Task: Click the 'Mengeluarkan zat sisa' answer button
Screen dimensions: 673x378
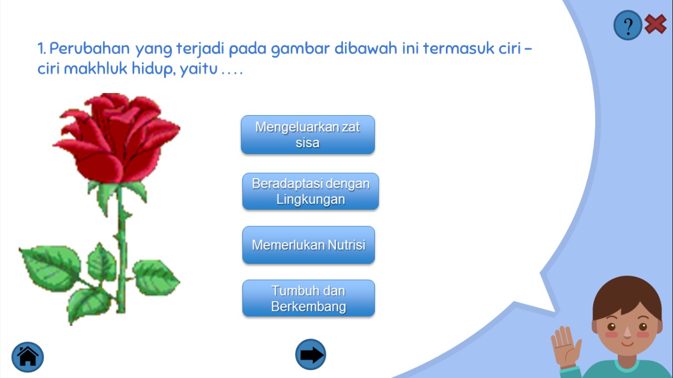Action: pyautogui.click(x=308, y=135)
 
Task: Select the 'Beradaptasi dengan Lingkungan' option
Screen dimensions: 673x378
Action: pyautogui.click(x=310, y=191)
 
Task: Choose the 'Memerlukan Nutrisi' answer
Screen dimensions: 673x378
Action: pyautogui.click(x=309, y=245)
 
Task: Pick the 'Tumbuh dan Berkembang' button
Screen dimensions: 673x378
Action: pyautogui.click(x=309, y=299)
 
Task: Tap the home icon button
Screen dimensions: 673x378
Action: pyautogui.click(x=28, y=357)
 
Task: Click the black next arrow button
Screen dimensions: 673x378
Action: pyautogui.click(x=310, y=354)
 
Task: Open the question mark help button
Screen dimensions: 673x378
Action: pyautogui.click(x=628, y=25)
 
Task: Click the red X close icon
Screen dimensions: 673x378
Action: pyautogui.click(x=655, y=24)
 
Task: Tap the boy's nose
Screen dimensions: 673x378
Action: pyautogui.click(x=627, y=332)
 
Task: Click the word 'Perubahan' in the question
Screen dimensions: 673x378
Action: pyautogui.click(x=89, y=48)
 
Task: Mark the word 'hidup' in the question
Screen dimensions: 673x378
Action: pyautogui.click(x=154, y=69)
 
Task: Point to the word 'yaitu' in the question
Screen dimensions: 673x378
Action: pyautogui.click(x=199, y=69)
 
